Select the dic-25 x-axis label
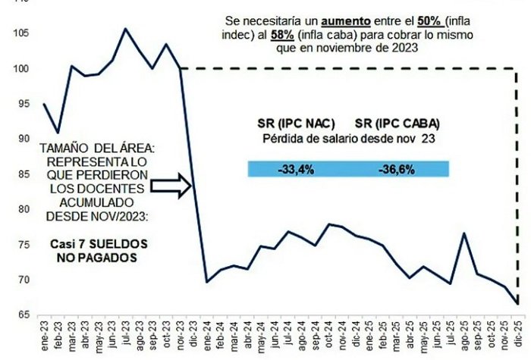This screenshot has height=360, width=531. [x=518, y=333]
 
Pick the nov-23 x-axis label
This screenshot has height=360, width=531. [x=181, y=333]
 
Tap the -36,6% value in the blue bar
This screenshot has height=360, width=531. [x=396, y=169]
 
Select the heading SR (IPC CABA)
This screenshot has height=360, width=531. [x=397, y=123]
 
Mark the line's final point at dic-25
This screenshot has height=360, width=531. [x=518, y=303]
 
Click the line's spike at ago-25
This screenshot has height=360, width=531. [x=463, y=233]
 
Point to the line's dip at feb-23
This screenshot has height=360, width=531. [x=58, y=132]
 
